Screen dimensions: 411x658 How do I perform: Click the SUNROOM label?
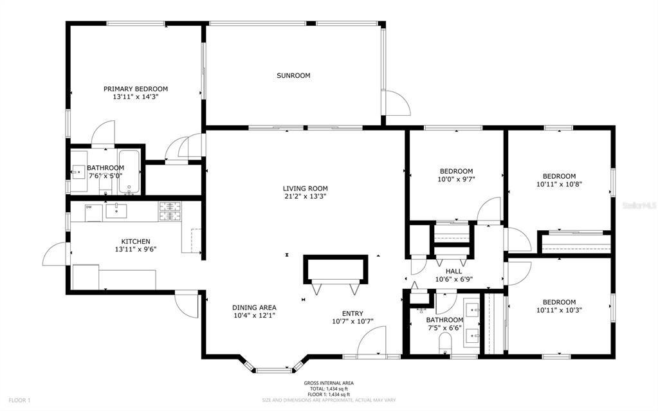(293, 75)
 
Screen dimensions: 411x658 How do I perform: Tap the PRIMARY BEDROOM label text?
(136, 89)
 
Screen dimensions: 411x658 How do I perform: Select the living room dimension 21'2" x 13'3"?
(305, 197)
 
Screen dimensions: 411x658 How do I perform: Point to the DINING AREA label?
(255, 307)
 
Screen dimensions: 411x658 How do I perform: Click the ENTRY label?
(352, 313)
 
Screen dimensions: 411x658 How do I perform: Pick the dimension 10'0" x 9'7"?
(456, 179)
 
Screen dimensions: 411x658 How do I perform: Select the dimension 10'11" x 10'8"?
(559, 184)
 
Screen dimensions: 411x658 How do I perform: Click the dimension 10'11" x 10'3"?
(559, 310)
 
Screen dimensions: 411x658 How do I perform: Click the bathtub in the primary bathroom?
(130, 172)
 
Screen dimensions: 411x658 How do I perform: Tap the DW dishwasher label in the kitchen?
(89, 207)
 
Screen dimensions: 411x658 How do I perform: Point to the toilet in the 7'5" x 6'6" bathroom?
(445, 341)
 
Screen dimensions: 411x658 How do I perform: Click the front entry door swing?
(371, 341)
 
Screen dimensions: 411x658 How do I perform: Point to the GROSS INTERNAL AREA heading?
(329, 383)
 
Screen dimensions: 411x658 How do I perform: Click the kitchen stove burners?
(170, 207)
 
